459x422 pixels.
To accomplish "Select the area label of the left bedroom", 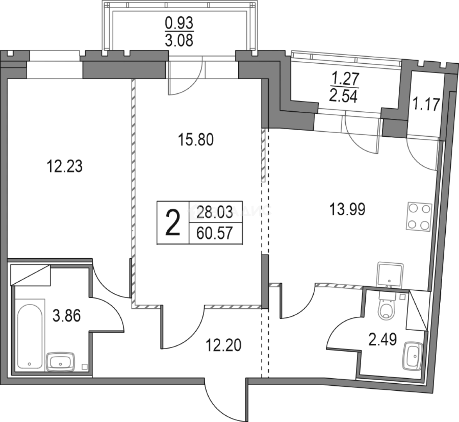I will (66, 168).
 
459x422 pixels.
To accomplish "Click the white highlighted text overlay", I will (230, 211).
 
